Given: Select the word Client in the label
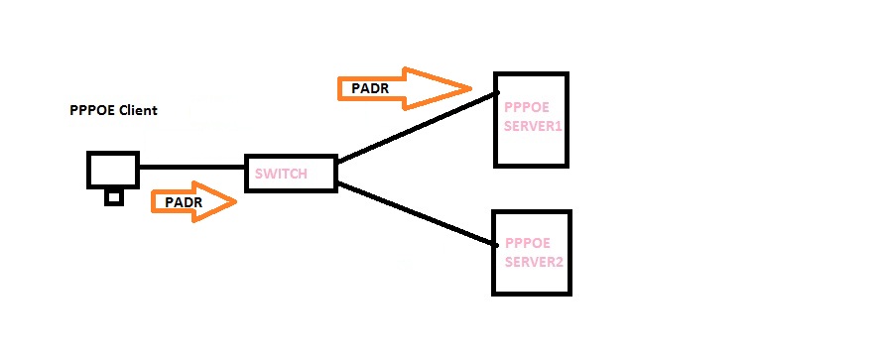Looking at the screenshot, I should [138, 110].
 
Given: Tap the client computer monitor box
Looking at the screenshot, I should [112, 170].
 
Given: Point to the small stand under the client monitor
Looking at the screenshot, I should [114, 197].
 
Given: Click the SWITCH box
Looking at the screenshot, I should [290, 174].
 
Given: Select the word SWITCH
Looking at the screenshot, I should [281, 175].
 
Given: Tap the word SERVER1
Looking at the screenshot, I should [533, 127].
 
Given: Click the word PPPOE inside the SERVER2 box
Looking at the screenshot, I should [523, 243].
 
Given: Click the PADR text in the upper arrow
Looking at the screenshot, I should [370, 89].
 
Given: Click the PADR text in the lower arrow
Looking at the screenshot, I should [184, 202].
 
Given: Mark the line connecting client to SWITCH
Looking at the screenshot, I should [191, 167].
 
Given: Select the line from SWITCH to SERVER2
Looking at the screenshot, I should [417, 214].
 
